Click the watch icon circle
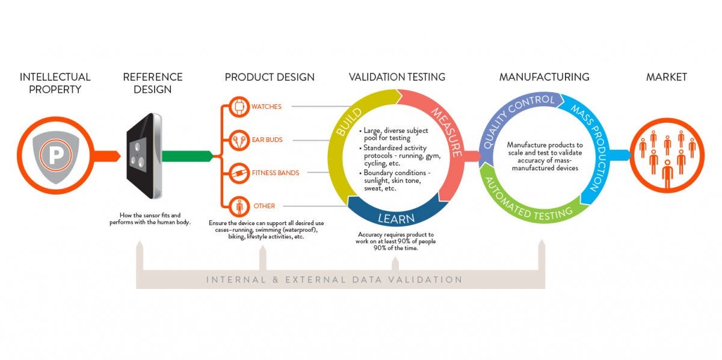tap(239, 107)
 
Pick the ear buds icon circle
tap(239, 140)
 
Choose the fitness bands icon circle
tap(239, 173)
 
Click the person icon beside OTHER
tap(239, 206)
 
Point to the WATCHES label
tap(267, 107)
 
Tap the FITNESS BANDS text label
tap(276, 173)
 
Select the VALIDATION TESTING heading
tap(397, 77)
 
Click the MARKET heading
tap(666, 77)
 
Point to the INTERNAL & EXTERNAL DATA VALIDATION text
tap(334, 280)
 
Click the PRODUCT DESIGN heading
tap(270, 77)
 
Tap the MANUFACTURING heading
tap(544, 77)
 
